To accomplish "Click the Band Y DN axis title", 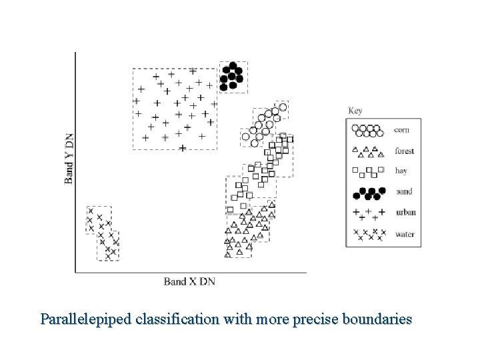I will click(69, 157).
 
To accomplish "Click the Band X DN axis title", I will click(189, 281).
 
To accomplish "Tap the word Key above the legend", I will click(355, 110).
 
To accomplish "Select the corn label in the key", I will click(402, 130).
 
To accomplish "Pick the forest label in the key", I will click(404, 151).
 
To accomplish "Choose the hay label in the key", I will click(401, 171).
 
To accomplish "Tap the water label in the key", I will click(404, 234).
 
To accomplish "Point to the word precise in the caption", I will click(313, 319).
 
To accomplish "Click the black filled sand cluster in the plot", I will click(232, 76).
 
